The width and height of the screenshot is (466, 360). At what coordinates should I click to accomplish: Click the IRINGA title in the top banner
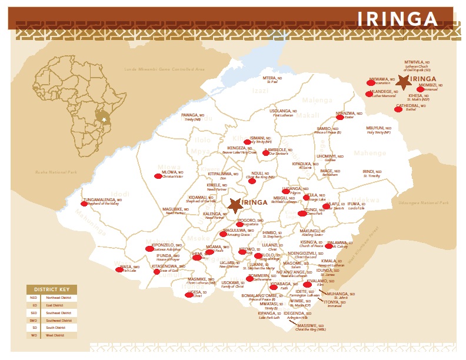(x=398, y=19)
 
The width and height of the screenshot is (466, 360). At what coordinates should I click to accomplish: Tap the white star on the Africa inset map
(x=104, y=119)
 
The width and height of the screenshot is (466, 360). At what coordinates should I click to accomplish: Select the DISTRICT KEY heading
(x=52, y=289)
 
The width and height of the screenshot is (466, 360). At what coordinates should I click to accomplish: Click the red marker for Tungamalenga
(x=84, y=204)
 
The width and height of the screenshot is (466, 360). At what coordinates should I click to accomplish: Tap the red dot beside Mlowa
(x=158, y=176)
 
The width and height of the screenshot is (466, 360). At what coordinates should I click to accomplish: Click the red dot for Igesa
(x=188, y=295)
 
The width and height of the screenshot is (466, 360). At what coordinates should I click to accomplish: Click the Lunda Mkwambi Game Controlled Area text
(x=164, y=69)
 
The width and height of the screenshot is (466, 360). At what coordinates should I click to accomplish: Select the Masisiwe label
(x=310, y=326)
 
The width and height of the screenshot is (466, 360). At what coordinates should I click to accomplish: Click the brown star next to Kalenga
(x=235, y=205)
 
